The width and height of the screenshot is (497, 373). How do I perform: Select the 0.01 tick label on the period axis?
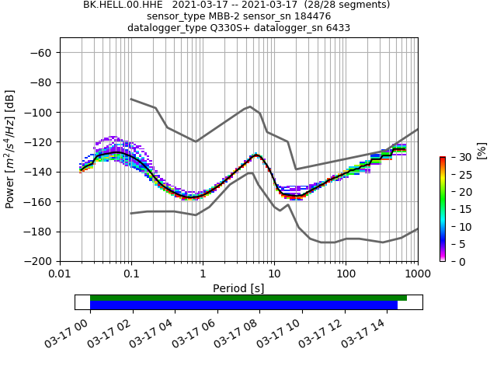(x=60, y=274)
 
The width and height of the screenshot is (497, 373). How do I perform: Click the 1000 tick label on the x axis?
(x=417, y=274)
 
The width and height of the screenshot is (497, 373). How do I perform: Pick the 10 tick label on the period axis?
(x=274, y=274)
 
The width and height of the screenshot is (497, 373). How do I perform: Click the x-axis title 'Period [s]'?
(x=238, y=288)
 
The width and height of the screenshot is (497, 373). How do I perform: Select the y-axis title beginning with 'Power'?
(x=11, y=149)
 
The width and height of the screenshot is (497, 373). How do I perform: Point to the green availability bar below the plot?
(x=248, y=298)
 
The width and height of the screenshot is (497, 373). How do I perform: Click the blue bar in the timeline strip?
(x=244, y=305)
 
